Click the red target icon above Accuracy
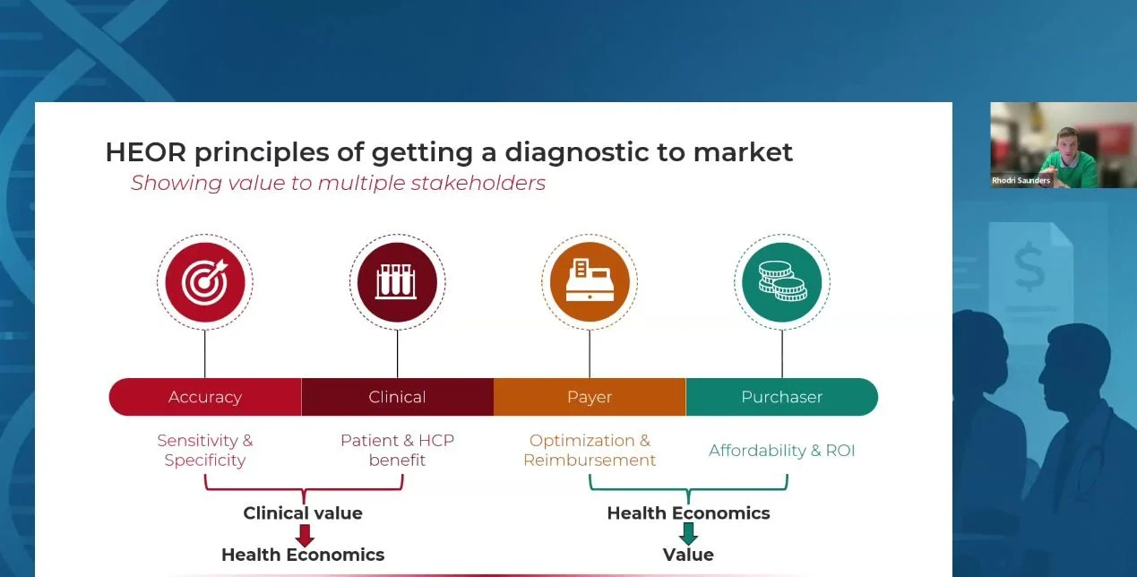tap(204, 282)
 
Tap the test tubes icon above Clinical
tap(397, 282)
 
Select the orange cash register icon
tap(590, 282)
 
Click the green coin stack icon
tap(781, 282)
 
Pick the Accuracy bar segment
tap(205, 397)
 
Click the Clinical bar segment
tap(397, 397)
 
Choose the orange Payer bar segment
tap(590, 397)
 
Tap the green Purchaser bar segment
tap(781, 397)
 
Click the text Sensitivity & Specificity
tap(205, 451)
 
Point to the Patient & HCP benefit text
tap(397, 451)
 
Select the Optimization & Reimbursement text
tap(590, 451)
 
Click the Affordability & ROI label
tap(781, 451)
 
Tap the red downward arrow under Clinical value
tap(305, 536)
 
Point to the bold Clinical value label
tap(303, 513)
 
